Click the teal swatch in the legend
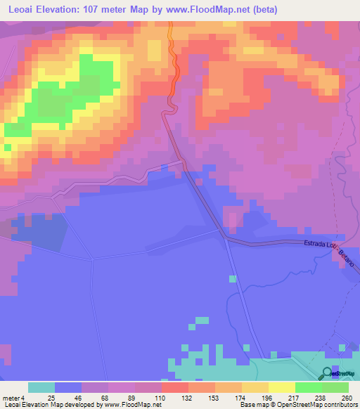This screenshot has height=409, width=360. (x=41, y=387)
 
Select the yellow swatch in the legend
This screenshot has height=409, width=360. (x=281, y=387)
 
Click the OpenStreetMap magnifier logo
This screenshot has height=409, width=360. (x=326, y=374)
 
